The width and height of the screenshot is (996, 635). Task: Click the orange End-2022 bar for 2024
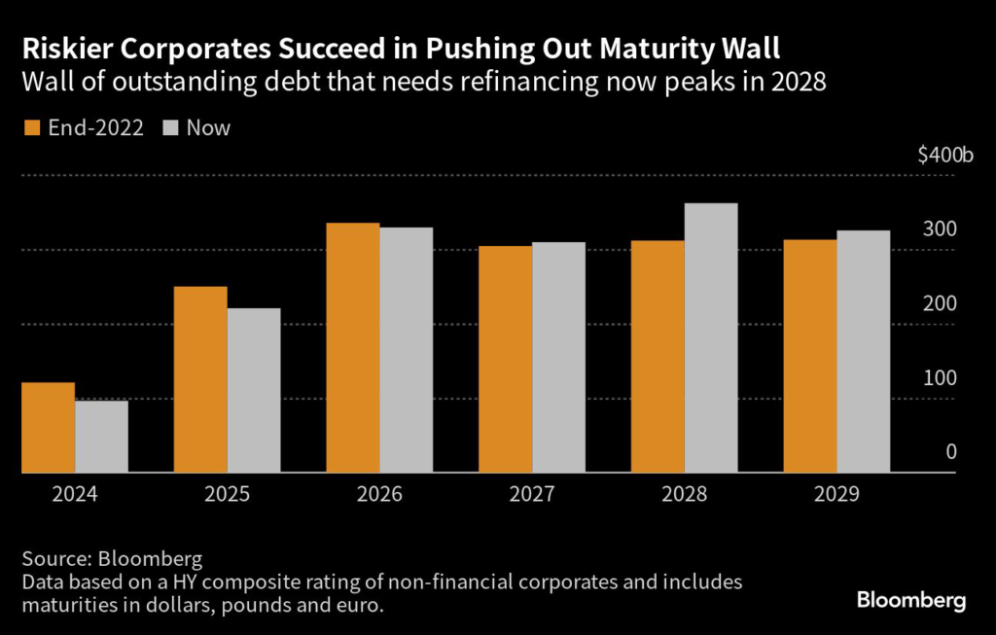pos(48,428)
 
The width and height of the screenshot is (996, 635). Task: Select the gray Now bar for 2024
pos(101,437)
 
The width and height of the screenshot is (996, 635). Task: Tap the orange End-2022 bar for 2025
pos(200,379)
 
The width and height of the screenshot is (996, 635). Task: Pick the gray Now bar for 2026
pos(406,350)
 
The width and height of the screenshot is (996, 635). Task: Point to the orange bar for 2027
pos(506,359)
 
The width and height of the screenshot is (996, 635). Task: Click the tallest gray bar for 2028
pos(711,338)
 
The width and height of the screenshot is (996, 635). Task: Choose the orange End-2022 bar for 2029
pos(810,356)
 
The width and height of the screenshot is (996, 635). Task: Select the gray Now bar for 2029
pos(864,352)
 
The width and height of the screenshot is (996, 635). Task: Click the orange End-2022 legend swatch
pos(31,127)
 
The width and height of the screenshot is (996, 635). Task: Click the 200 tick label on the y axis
pos(940,303)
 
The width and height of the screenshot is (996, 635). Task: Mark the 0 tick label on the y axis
pos(950,452)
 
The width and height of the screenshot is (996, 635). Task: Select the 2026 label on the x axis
pos(380,494)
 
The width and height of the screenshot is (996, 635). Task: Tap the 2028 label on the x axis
pos(685,494)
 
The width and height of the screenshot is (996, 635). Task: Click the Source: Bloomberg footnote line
pos(112,559)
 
